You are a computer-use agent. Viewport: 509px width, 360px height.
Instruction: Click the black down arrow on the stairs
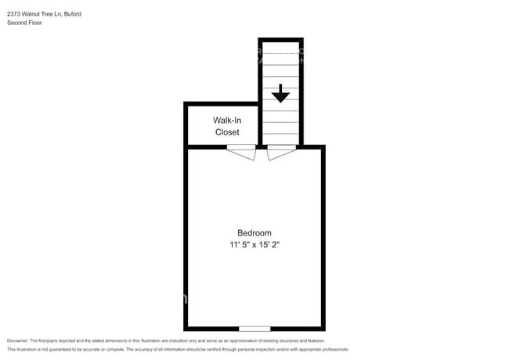pyautogui.click(x=280, y=94)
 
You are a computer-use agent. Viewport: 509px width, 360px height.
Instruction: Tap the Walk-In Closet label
pyautogui.click(x=227, y=126)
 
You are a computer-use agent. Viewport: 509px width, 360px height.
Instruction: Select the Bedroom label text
pyautogui.click(x=254, y=232)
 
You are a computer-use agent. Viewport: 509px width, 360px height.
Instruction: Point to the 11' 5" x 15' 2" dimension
pyautogui.click(x=254, y=245)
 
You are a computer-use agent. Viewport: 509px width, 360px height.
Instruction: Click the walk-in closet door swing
pyautogui.click(x=241, y=153)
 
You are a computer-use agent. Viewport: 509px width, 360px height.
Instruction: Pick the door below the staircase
pyautogui.click(x=281, y=153)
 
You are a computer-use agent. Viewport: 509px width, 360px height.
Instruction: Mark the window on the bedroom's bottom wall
pyautogui.click(x=254, y=328)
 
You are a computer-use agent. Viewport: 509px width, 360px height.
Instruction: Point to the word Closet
pyautogui.click(x=227, y=132)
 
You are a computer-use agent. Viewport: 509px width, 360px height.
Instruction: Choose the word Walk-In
pyautogui.click(x=227, y=120)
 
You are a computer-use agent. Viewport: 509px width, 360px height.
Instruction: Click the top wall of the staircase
pyautogui.click(x=280, y=38)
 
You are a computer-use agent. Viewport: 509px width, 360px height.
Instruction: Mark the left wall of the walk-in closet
pyautogui.click(x=186, y=124)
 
